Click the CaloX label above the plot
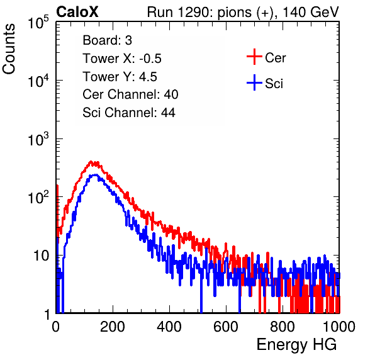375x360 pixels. (x=77, y=12)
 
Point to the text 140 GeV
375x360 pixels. (x=311, y=12)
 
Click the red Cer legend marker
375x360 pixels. (x=254, y=57)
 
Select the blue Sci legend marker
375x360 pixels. (x=254, y=82)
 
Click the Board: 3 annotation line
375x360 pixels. (x=108, y=40)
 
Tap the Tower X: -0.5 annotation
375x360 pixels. (x=122, y=59)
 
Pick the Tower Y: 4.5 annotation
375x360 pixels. (x=120, y=77)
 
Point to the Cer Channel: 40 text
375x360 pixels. (x=130, y=94)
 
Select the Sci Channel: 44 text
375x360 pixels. (x=129, y=113)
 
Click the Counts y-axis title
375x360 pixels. (x=9, y=49)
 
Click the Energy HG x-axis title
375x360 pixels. (x=296, y=345)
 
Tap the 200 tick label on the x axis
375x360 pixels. (x=113, y=327)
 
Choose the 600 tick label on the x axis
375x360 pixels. (x=226, y=327)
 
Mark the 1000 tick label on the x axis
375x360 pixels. (x=339, y=327)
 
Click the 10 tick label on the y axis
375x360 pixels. (x=41, y=256)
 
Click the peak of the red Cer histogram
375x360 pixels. (x=91, y=162)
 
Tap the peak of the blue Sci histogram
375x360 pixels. (x=95, y=175)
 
